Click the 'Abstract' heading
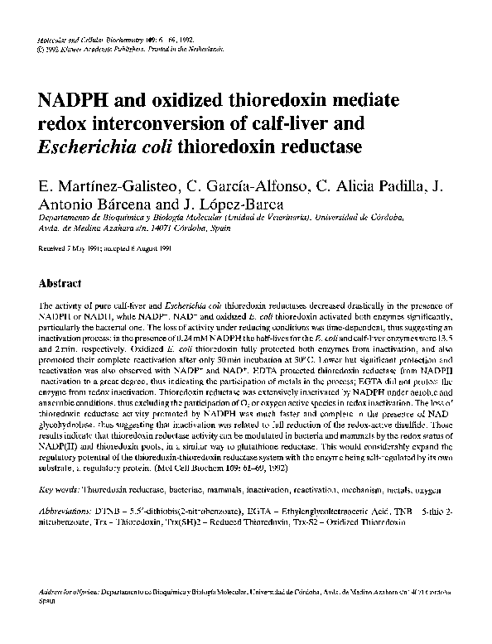tap(60, 281)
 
